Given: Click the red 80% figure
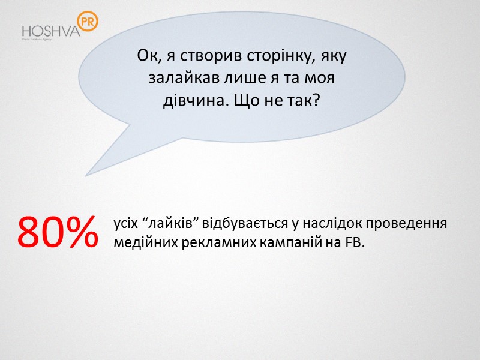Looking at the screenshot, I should click(58, 233).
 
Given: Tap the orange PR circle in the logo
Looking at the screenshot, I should click(88, 22).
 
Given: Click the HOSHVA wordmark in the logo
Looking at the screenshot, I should click(50, 31).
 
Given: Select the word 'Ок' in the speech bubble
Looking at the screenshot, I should click(146, 56).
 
